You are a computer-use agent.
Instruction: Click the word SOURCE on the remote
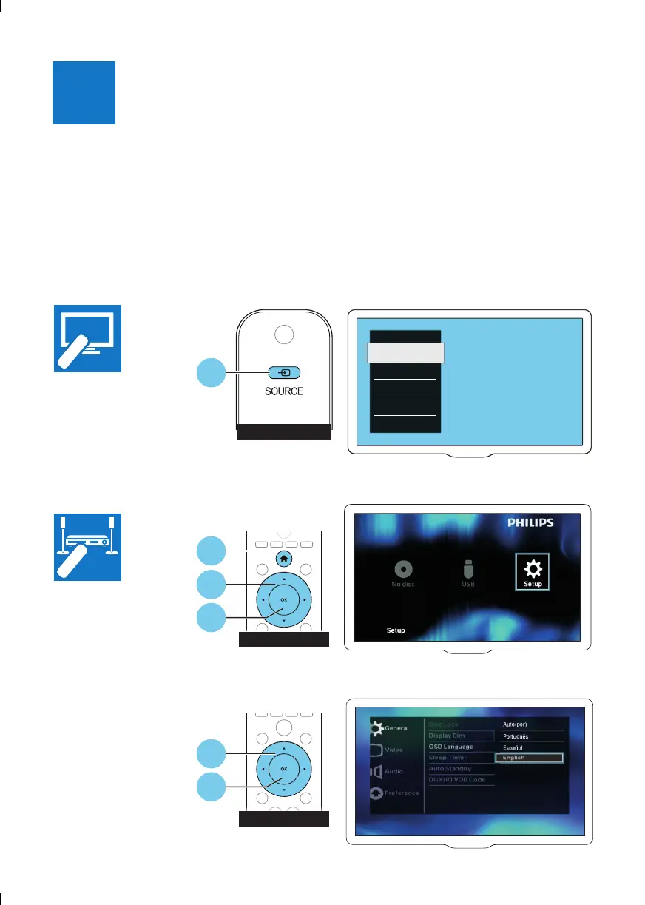(x=283, y=391)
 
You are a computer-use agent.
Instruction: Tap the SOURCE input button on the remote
(x=284, y=373)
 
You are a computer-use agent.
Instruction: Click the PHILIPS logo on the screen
(x=529, y=522)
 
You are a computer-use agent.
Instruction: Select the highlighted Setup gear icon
(x=533, y=572)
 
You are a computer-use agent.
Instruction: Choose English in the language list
(x=529, y=758)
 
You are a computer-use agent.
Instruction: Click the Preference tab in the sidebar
(x=396, y=793)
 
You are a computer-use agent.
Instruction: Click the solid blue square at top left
(x=84, y=92)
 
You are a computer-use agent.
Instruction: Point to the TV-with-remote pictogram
(x=88, y=337)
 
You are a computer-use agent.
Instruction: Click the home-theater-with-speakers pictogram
(x=88, y=548)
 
